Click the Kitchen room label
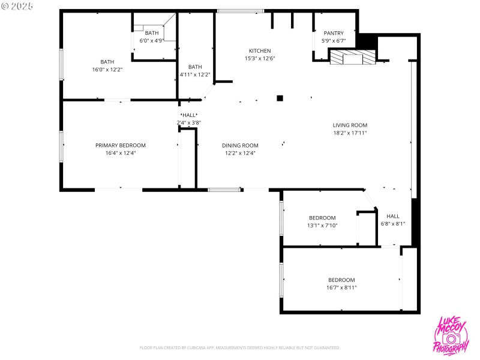click(x=260, y=51)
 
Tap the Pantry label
click(x=334, y=34)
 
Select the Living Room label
click(x=350, y=125)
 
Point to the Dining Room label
click(x=240, y=145)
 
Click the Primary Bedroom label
click(x=121, y=145)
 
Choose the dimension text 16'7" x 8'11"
click(x=341, y=287)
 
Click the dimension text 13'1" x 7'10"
click(x=322, y=226)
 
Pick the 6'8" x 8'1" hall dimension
click(x=393, y=224)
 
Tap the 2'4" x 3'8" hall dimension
click(x=188, y=122)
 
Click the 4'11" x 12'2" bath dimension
click(x=195, y=74)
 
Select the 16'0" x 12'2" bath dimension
click(x=107, y=70)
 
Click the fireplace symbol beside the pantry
click(x=352, y=57)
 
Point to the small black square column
click(x=280, y=98)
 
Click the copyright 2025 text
click(x=17, y=5)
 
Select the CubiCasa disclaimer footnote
click(x=240, y=347)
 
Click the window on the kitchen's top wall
click(x=240, y=10)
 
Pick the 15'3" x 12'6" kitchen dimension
click(x=260, y=59)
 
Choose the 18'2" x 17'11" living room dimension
click(x=350, y=133)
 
